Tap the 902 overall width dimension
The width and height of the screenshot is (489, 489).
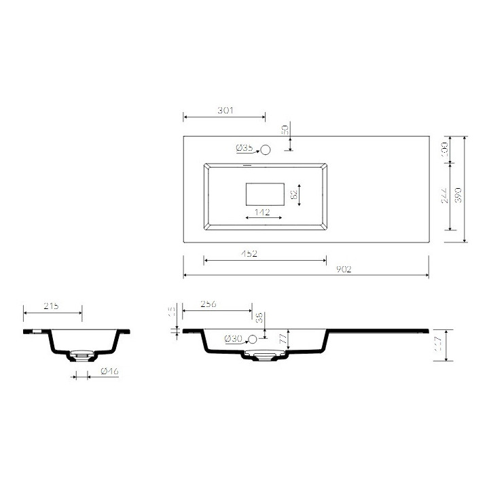click(x=343, y=269)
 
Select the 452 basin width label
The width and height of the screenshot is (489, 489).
click(x=249, y=253)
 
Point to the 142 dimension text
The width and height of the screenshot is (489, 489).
click(x=262, y=213)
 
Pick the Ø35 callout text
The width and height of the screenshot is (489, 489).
click(x=244, y=148)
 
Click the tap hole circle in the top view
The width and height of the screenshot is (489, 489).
click(x=266, y=149)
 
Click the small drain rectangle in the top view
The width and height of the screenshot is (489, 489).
click(x=265, y=194)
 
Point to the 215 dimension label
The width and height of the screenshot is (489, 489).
click(x=51, y=306)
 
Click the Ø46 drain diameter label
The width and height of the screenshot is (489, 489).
click(x=109, y=372)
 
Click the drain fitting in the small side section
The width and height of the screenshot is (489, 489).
click(x=81, y=354)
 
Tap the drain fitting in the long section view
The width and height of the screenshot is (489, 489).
click(x=264, y=355)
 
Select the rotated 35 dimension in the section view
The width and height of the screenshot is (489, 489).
click(x=259, y=317)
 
